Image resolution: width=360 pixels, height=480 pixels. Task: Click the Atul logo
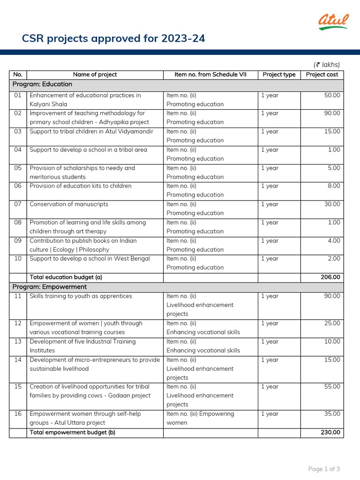click(x=333, y=22)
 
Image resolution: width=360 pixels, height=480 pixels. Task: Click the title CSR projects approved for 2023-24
click(x=113, y=38)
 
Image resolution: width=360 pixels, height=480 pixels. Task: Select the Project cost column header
click(x=322, y=75)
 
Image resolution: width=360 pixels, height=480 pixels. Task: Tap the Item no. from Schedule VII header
click(x=210, y=75)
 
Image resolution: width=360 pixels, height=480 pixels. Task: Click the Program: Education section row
click(x=42, y=84)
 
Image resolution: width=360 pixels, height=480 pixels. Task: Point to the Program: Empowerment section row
click(x=49, y=287)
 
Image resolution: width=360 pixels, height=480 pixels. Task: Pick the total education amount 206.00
click(x=330, y=277)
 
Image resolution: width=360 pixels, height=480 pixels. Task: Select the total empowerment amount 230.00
click(x=330, y=433)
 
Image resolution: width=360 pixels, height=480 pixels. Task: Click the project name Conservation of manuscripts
click(x=69, y=204)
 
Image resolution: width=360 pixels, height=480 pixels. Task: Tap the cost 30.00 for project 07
click(x=332, y=204)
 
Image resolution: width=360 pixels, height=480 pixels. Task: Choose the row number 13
click(x=18, y=342)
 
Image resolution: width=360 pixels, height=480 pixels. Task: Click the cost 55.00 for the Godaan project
click(x=332, y=387)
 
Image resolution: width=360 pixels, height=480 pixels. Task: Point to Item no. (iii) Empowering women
click(x=200, y=418)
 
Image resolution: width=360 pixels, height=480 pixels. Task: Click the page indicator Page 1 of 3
click(x=324, y=469)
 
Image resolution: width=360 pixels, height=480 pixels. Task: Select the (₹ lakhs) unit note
click(x=327, y=65)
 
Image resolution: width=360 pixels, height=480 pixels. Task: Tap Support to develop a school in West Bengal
click(x=90, y=259)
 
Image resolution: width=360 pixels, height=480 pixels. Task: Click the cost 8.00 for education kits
click(x=334, y=186)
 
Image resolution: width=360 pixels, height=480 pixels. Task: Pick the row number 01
click(x=18, y=96)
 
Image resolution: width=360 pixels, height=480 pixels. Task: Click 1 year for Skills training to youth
click(x=270, y=296)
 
